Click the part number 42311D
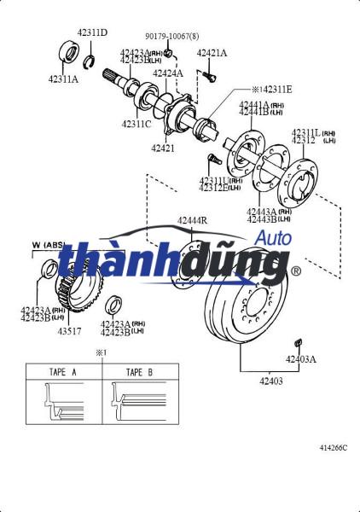pos(92,32)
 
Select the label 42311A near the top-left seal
pos(63,79)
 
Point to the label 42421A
pos(212,53)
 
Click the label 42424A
pos(168,73)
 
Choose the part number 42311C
pos(136,125)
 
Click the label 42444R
pos(192,221)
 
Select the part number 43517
pos(70,331)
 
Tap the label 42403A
pos(300,359)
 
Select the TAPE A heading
pos(63,372)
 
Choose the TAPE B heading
pos(139,372)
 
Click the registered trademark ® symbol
pos(296,271)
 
